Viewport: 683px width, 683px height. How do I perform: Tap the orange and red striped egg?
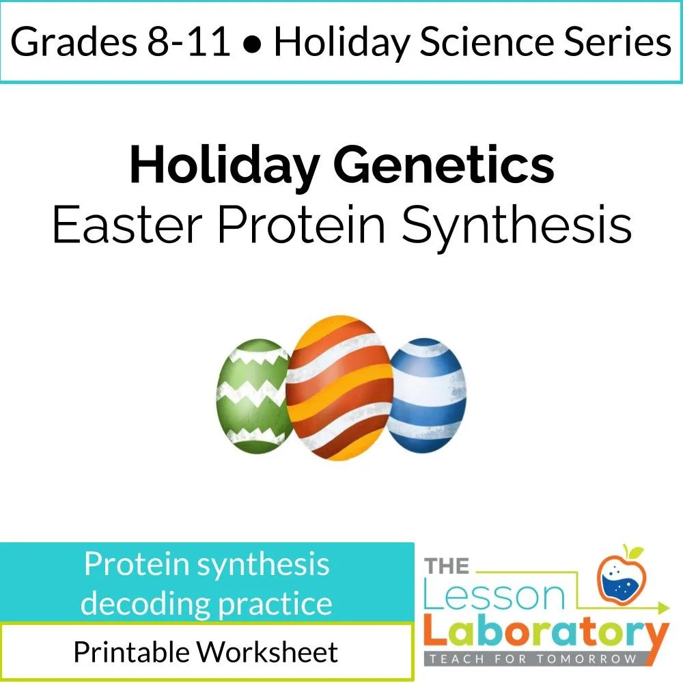pyautogui.click(x=339, y=389)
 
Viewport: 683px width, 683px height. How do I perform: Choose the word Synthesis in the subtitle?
pyautogui.click(x=516, y=225)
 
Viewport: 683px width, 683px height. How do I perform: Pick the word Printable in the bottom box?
pyautogui.click(x=130, y=652)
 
